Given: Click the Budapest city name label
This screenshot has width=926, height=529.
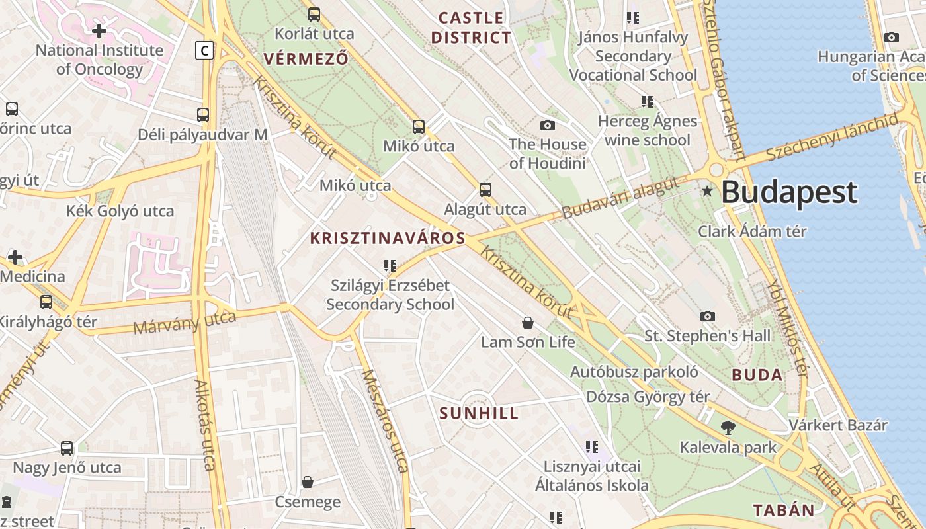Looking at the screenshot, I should coord(788,192).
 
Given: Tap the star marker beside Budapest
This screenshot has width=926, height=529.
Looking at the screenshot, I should coord(707,191).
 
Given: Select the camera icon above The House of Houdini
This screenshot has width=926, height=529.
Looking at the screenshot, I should coord(548,125).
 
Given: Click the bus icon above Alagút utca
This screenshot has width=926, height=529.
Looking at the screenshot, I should coord(485,190).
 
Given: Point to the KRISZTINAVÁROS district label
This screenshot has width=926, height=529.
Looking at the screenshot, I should coord(388,239).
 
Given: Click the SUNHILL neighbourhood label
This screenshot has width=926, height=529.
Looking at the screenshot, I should coord(480,414).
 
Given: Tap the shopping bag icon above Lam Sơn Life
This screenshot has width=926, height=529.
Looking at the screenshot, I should coord(528,323).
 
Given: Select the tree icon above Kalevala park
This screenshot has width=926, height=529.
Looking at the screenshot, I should coord(728,428).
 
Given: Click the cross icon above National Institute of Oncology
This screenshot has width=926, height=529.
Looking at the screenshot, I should coord(99,30).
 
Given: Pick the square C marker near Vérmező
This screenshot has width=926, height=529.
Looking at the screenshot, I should coord(205,50).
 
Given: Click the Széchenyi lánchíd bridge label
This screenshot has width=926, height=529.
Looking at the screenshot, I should coord(832,138).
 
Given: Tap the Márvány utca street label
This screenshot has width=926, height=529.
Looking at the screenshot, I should coord(185,323).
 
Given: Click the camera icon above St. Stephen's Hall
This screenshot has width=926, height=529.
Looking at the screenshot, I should coord(708,316).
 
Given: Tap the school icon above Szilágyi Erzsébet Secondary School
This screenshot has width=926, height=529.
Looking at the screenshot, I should coord(390,266).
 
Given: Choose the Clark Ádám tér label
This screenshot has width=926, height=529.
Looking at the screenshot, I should coord(752,231).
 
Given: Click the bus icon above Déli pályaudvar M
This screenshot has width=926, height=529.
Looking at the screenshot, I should coord(203,114).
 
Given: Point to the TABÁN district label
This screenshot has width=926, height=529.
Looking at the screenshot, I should coord(784,510).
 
